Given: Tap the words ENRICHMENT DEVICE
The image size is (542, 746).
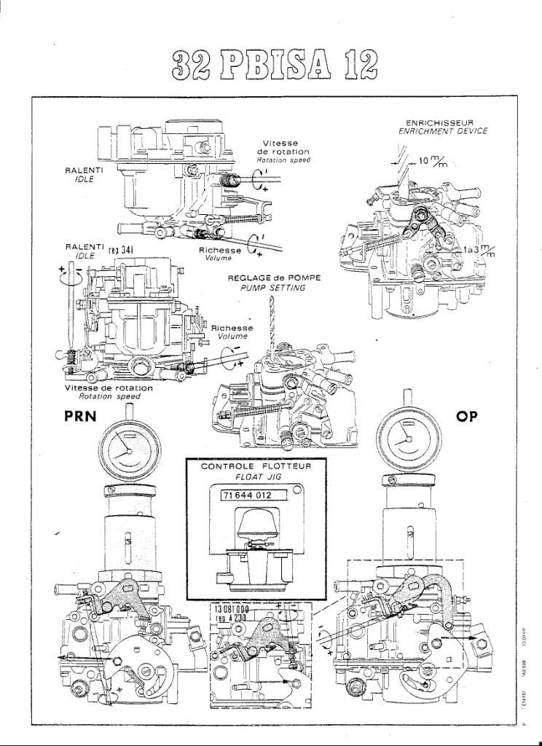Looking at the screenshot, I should click(443, 131).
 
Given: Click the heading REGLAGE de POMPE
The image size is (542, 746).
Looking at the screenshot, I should click(274, 278).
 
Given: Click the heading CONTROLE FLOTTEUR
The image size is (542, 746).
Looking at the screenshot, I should click(256, 466).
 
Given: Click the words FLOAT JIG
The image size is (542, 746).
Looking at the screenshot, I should click(255, 476).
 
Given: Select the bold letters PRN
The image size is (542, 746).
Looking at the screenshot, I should click(82, 417).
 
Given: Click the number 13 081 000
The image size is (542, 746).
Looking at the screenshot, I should click(232, 609).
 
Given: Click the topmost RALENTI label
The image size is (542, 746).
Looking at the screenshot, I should click(84, 170).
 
